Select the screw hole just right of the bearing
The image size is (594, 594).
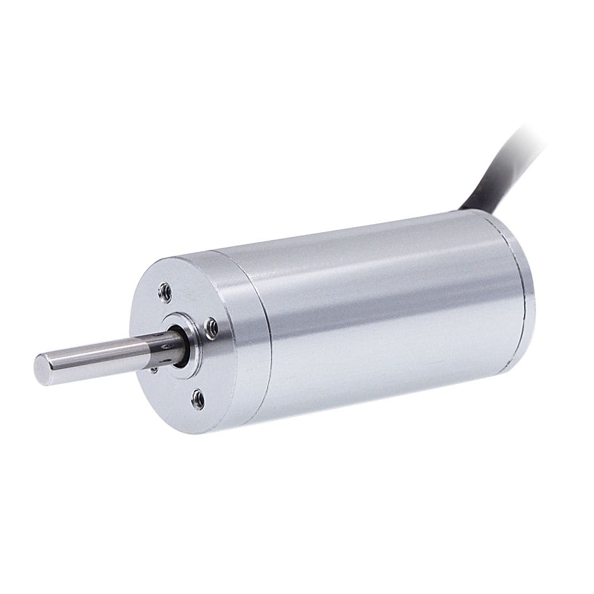[x=210, y=327]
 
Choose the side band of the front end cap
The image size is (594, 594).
[x=240, y=343]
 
